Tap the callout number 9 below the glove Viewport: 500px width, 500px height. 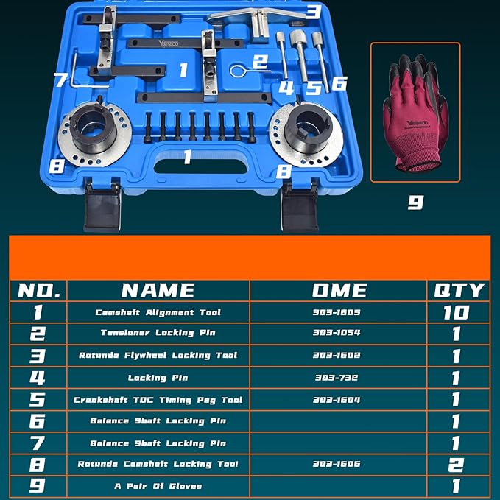click(x=415, y=201)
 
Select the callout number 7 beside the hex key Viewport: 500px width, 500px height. click(x=61, y=79)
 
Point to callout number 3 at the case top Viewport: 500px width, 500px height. click(x=313, y=11)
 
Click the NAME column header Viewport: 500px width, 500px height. click(x=158, y=290)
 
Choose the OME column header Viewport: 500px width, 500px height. click(x=339, y=290)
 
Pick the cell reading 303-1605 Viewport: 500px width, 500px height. click(x=337, y=312)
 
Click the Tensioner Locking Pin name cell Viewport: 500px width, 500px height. click(x=158, y=334)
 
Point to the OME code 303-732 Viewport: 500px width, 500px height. click(x=337, y=378)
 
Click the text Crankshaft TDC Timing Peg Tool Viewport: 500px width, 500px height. click(x=158, y=400)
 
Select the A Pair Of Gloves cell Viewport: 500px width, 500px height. click(x=158, y=486)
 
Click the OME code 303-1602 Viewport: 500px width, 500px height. click(x=337, y=356)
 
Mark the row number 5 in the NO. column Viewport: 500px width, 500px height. click(x=38, y=400)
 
